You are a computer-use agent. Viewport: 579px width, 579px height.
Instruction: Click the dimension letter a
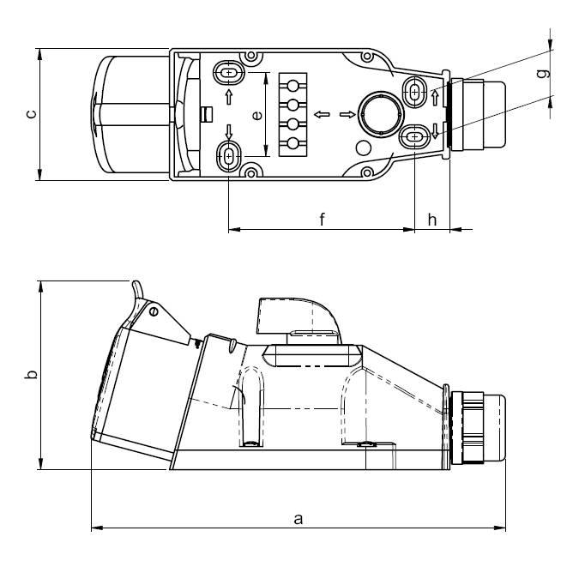[x=298, y=519]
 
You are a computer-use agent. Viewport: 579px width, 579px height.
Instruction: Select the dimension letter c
[x=32, y=114]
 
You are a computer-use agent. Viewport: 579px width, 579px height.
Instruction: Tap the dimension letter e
[x=257, y=115]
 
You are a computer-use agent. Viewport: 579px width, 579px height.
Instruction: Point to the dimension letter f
[x=322, y=219]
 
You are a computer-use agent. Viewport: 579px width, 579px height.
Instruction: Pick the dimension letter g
[x=543, y=74]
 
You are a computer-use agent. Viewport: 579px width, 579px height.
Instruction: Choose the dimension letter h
[x=432, y=220]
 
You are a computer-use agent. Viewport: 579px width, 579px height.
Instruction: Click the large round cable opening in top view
[x=381, y=114]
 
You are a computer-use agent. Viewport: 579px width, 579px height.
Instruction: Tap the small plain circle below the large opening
[x=363, y=148]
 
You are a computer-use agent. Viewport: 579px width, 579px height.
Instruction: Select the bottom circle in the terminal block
[x=293, y=143]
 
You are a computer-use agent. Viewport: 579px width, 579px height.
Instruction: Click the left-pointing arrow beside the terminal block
[x=322, y=114]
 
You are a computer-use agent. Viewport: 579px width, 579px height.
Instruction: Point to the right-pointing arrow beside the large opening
[x=347, y=114]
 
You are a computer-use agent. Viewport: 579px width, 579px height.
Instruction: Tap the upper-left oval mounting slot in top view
[x=229, y=72]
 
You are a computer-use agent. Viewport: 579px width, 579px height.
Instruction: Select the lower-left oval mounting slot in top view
[x=229, y=157]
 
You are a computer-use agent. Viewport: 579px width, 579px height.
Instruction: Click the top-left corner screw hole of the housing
[x=251, y=56]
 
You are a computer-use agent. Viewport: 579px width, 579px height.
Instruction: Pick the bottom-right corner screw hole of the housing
[x=367, y=172]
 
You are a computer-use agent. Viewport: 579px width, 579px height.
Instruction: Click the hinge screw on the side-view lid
[x=154, y=311]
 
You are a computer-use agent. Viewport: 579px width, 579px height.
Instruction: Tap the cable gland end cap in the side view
[x=494, y=428]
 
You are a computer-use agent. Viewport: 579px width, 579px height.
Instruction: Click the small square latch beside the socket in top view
[x=207, y=114]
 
